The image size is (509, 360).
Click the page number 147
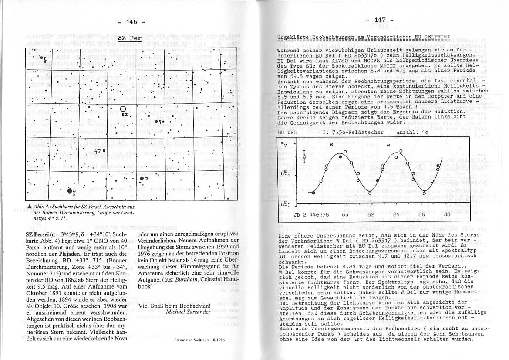point(380,20)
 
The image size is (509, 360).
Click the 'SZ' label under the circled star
point(125,115)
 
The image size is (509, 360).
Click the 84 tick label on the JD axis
point(396,215)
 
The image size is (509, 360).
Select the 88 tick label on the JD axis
point(447,215)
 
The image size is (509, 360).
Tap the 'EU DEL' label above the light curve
point(287,132)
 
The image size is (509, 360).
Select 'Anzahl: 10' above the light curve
point(412,132)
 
